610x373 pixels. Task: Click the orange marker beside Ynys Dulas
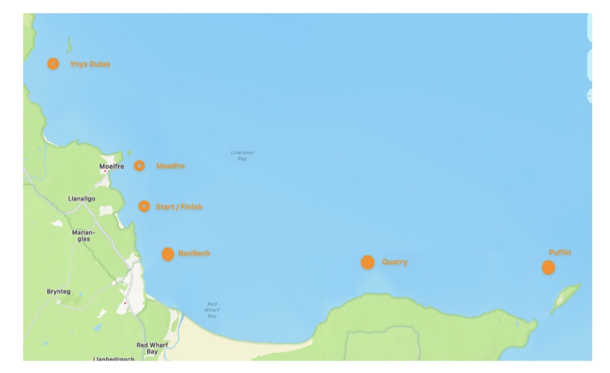(x=53, y=64)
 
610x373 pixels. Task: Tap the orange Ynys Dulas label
(x=90, y=64)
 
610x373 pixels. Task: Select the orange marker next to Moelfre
(x=139, y=165)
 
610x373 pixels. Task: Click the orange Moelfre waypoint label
(x=170, y=166)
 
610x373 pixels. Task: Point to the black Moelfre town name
(x=112, y=167)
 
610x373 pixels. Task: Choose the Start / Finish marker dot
(x=144, y=206)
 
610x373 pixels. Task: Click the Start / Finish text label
(x=179, y=207)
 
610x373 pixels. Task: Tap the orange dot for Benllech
(x=168, y=254)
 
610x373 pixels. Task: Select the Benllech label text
(x=194, y=253)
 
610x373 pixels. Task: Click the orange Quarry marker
(x=368, y=263)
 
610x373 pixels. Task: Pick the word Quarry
(x=395, y=262)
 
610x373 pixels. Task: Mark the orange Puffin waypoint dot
(x=548, y=267)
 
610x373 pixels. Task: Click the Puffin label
(x=560, y=252)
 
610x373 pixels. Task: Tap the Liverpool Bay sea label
(x=242, y=156)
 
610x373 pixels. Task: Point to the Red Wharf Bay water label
(x=212, y=310)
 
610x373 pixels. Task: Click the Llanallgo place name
(x=82, y=199)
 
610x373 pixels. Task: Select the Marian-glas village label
(x=83, y=235)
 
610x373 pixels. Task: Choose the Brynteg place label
(x=59, y=292)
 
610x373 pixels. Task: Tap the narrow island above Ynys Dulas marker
(x=69, y=45)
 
